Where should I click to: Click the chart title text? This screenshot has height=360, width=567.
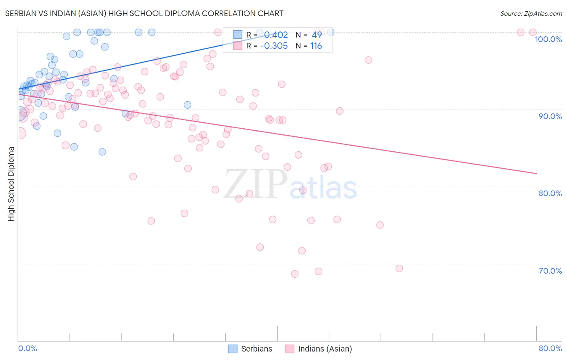144,13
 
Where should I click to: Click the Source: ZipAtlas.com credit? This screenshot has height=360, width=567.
531,13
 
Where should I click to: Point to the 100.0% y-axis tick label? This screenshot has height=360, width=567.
548,39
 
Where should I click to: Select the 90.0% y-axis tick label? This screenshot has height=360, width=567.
550,116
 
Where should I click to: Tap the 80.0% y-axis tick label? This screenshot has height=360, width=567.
550,193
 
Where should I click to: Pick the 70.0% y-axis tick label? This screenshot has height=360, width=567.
550,271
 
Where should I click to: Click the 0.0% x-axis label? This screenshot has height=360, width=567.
27,348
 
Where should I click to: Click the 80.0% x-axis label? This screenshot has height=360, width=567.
550,348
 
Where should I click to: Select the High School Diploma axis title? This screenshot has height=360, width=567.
11,184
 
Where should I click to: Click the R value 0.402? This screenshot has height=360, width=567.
276,35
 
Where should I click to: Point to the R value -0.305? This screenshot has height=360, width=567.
274,46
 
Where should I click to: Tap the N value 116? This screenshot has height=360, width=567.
316,46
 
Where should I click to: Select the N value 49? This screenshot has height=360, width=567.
317,35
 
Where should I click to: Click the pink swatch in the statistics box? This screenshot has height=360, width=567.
238,46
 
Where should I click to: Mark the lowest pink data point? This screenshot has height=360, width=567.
295,274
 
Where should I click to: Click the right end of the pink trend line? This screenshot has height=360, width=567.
536,173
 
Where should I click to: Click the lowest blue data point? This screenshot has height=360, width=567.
102,152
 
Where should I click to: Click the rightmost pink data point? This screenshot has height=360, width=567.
533,32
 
